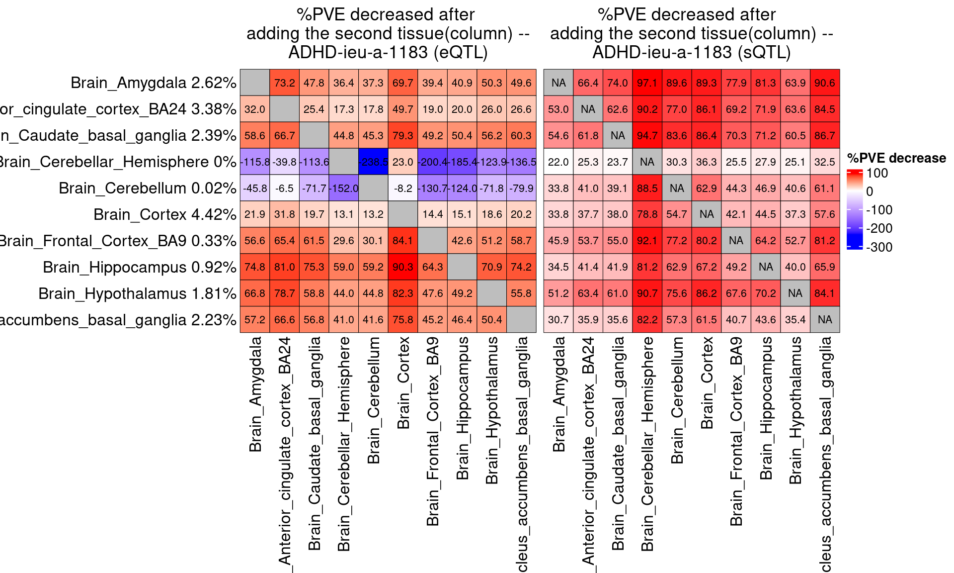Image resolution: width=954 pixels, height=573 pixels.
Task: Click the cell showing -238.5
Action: tap(373, 162)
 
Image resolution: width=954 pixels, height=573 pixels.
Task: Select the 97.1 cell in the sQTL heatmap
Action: tap(647, 83)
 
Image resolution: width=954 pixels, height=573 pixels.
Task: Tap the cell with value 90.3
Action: tap(402, 267)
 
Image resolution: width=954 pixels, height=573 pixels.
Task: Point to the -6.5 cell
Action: tap(284, 188)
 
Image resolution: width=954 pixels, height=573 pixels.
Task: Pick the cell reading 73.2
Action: tap(284, 83)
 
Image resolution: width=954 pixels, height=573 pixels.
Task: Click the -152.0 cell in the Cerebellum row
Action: tap(343, 188)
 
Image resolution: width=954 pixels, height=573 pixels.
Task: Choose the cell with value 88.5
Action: tap(647, 188)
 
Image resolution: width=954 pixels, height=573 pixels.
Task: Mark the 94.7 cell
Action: tap(647, 135)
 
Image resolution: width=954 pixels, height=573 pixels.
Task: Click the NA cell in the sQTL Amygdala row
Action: tap(558, 83)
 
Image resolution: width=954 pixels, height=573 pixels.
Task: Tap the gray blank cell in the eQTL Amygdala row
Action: tap(255, 83)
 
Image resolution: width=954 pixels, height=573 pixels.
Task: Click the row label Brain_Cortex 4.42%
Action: tap(164, 214)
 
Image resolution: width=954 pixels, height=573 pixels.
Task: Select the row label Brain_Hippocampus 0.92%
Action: tap(139, 267)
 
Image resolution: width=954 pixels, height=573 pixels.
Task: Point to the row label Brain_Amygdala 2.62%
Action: tap(153, 83)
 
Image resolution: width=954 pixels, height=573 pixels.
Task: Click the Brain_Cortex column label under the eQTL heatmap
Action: tap(403, 383)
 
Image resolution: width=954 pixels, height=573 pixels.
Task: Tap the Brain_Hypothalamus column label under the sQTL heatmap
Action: tap(795, 410)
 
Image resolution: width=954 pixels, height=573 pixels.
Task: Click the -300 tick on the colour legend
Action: tap(879, 247)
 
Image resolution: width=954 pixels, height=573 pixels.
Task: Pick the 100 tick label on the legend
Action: tap(877, 173)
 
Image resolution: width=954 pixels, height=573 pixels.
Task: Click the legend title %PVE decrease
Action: tap(896, 158)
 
